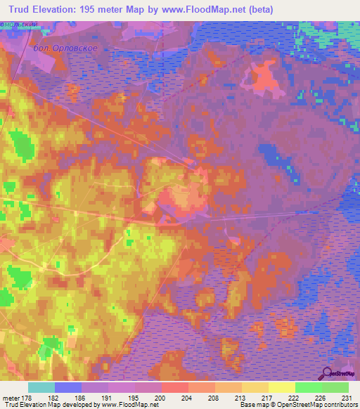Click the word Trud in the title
22,10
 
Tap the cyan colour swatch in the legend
41,387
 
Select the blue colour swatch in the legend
68,387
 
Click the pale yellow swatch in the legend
281,387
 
